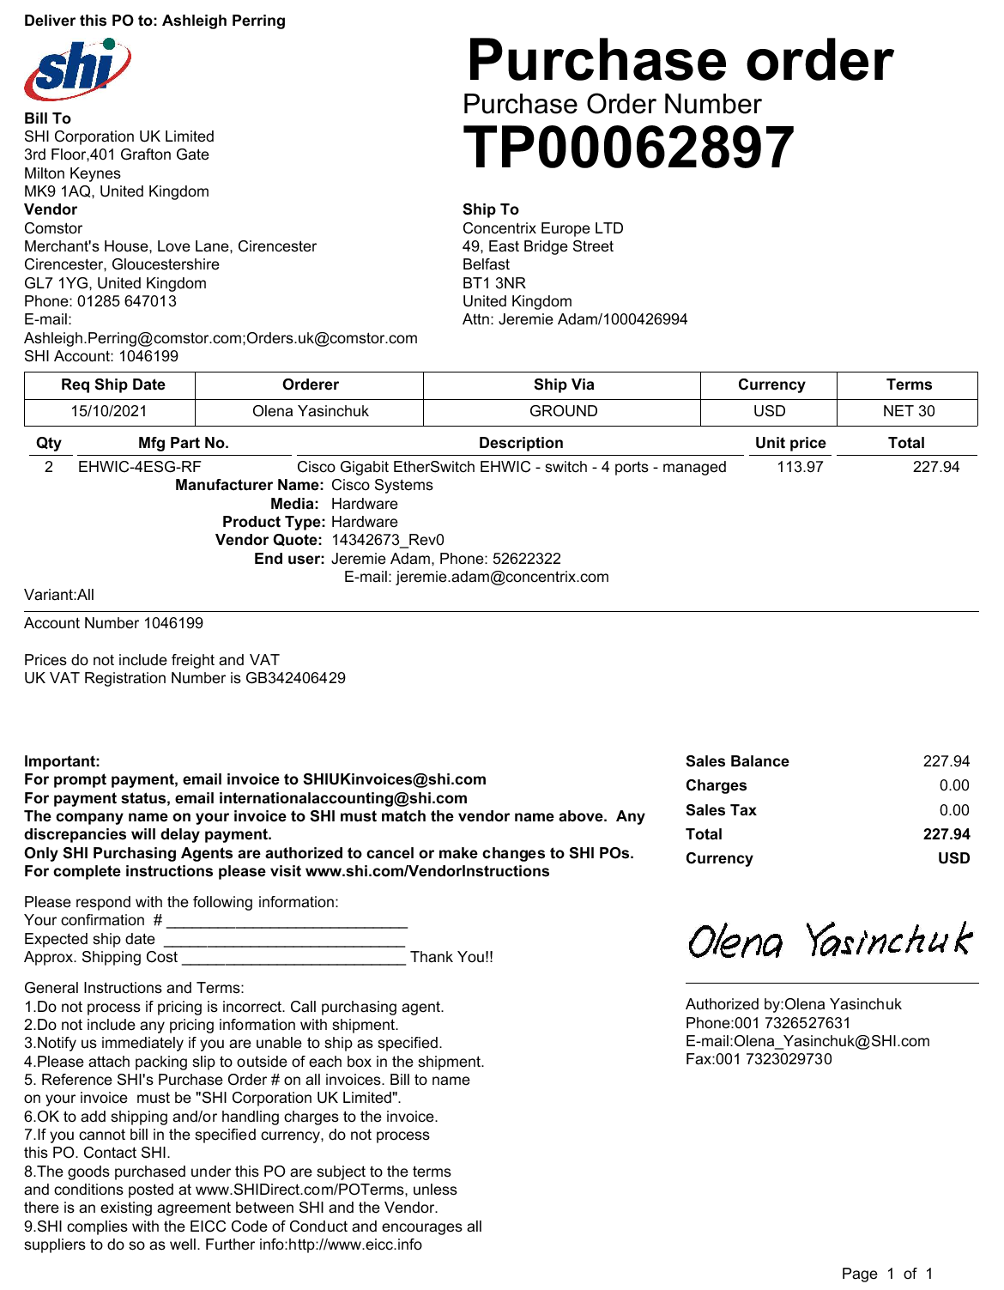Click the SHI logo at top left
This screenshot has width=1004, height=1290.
coord(77,69)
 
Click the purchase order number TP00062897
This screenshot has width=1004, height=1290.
coord(628,148)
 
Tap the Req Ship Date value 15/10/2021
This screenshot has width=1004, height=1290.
coord(109,411)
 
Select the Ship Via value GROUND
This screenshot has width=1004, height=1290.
coord(563,411)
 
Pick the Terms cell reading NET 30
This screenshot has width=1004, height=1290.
coord(908,411)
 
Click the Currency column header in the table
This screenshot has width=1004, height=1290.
coord(771,385)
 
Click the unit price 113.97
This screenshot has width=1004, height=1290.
coord(800,467)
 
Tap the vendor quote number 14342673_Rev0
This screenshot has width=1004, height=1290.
coord(388,540)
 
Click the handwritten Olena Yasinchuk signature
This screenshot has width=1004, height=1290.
coord(830,941)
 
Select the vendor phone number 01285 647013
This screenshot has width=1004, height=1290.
coord(127,301)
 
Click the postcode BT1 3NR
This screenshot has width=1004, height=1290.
coord(494,283)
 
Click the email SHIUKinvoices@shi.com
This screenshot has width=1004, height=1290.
coord(395,779)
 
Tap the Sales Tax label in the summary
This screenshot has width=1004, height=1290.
coord(721,810)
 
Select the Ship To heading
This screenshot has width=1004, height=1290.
coord(491,209)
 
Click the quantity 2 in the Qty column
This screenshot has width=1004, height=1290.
coord(49,467)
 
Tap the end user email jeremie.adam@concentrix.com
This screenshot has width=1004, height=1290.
coord(502,577)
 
